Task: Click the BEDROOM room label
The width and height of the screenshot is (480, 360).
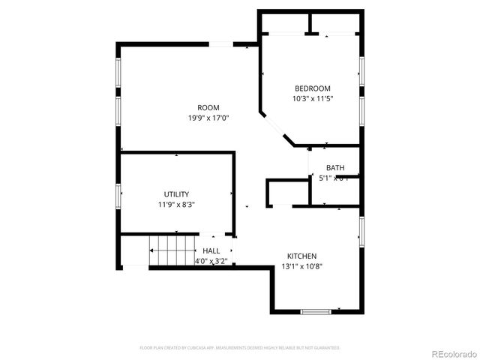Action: point(312,88)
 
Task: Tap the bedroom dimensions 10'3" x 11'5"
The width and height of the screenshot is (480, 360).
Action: point(312,98)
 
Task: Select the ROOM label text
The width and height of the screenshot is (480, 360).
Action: point(208,108)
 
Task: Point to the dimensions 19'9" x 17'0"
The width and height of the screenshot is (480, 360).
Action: point(208,118)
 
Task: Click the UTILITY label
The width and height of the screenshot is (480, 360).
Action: point(177,194)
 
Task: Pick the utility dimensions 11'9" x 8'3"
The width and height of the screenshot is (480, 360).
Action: point(177,204)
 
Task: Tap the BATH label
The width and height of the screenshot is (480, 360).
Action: point(335,168)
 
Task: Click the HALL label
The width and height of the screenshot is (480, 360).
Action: point(211,251)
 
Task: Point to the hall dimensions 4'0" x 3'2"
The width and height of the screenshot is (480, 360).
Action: point(211,261)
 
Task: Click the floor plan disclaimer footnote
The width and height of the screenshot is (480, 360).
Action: point(240,348)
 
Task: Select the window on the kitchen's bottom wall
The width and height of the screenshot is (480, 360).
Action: point(315,311)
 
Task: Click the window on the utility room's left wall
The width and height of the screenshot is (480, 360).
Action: point(118,196)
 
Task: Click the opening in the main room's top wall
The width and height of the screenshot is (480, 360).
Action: point(220,45)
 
